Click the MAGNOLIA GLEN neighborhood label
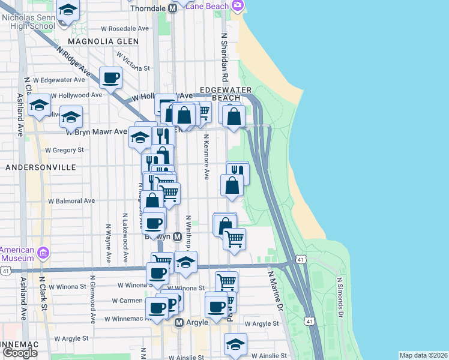click(103, 41)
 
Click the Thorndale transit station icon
click(173, 8)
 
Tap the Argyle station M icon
click(178, 323)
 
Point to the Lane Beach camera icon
click(238, 5)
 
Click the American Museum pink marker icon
click(41, 252)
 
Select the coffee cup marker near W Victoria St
click(111, 77)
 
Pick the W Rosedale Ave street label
click(125, 28)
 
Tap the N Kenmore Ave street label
click(206, 156)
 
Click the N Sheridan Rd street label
click(224, 58)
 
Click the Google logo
click(20, 353)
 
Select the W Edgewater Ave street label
click(59, 80)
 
